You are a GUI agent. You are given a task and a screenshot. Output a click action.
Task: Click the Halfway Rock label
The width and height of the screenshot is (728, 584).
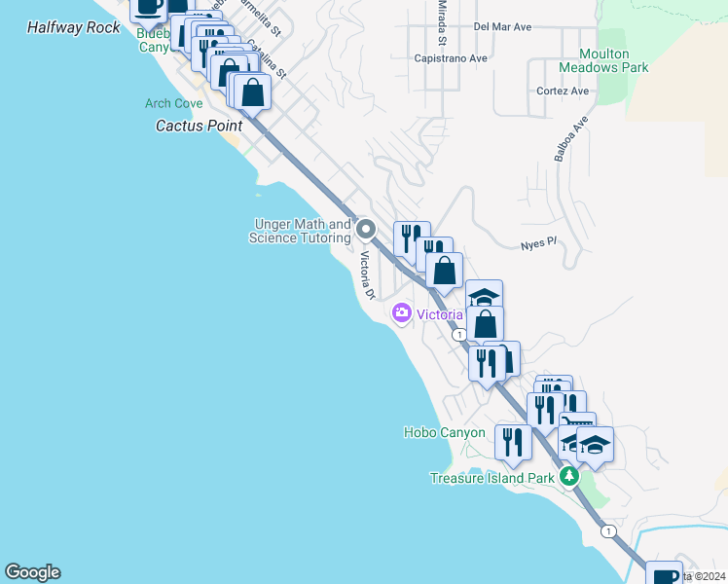(74, 27)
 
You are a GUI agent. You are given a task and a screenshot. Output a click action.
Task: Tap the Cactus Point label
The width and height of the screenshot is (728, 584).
(200, 127)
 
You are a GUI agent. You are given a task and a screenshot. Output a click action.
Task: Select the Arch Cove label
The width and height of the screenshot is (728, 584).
(173, 103)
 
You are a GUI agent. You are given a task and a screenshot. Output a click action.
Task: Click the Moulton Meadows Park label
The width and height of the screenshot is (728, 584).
(603, 60)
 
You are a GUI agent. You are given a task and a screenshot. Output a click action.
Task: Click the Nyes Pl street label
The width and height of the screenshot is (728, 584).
(537, 245)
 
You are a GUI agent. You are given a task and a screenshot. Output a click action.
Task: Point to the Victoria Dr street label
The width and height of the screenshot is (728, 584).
(367, 275)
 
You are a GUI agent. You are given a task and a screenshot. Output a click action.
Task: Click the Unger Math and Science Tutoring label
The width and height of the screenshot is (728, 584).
(300, 231)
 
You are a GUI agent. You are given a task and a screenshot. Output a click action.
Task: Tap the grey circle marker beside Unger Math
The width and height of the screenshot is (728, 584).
(366, 230)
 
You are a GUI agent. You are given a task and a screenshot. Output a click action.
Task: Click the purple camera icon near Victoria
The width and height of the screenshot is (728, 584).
(401, 313)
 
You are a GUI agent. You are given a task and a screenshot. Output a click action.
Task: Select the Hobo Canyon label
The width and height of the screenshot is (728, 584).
(444, 432)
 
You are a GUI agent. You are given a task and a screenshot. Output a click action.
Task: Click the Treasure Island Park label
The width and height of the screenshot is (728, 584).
(492, 478)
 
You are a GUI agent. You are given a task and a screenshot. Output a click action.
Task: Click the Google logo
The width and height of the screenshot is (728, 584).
(32, 572)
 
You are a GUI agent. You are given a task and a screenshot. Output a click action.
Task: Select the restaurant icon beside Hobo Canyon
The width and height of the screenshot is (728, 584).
(512, 442)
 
